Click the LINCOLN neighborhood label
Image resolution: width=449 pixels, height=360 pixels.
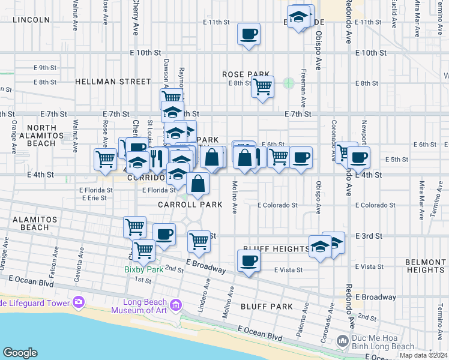pos(31,20)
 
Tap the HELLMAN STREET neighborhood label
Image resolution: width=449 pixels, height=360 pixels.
pos(113,81)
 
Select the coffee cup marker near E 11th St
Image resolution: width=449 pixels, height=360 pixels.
pos(249,34)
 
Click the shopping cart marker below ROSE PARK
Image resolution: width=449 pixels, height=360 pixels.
pos(262,87)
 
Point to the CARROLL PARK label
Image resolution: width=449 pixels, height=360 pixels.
pos(190,205)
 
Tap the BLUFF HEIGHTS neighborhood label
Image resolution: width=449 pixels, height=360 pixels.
pos(276,248)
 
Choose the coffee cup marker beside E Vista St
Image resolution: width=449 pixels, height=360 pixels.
pos(249,261)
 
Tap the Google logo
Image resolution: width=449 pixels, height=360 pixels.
pos(20,353)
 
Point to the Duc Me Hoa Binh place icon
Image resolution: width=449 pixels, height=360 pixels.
pos(343,341)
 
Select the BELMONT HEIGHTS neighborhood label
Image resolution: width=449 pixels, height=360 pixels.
pos(424,266)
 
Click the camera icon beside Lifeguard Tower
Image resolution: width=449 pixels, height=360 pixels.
pos(78,302)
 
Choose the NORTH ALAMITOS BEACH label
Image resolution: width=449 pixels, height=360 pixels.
pos(41,135)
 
